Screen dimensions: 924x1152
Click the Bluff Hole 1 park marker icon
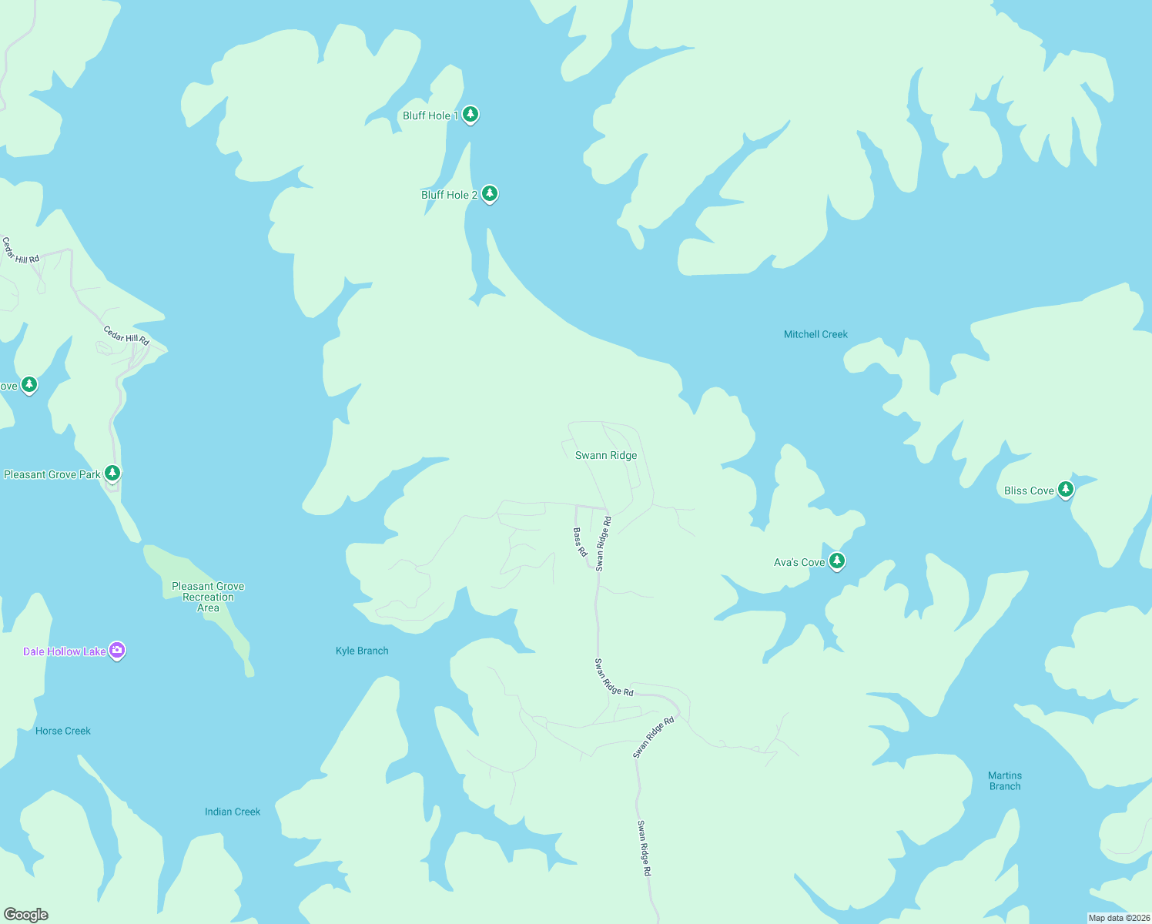click(471, 115)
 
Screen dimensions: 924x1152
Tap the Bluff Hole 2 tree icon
click(489, 194)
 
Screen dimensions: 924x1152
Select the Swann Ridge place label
click(606, 455)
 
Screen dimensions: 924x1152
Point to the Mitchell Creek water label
click(815, 334)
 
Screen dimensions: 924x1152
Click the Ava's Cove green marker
click(837, 561)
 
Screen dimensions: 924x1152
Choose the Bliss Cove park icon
click(1066, 490)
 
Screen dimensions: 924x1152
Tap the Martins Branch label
click(1005, 781)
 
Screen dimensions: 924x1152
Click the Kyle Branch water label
click(362, 651)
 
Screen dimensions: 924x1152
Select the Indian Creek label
click(233, 812)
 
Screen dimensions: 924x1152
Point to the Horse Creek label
click(63, 731)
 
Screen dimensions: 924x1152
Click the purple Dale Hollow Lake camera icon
click(117, 651)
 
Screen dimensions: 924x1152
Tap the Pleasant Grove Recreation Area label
click(208, 597)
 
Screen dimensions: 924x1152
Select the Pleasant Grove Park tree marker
click(112, 473)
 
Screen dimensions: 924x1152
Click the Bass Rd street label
click(580, 542)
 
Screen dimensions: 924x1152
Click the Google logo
click(26, 915)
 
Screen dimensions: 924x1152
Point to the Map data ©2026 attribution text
click(1119, 918)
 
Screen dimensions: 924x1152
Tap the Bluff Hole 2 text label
click(449, 195)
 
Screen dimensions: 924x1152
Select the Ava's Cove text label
click(799, 562)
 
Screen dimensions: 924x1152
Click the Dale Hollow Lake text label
click(65, 651)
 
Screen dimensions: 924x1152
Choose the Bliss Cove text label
click(1029, 490)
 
